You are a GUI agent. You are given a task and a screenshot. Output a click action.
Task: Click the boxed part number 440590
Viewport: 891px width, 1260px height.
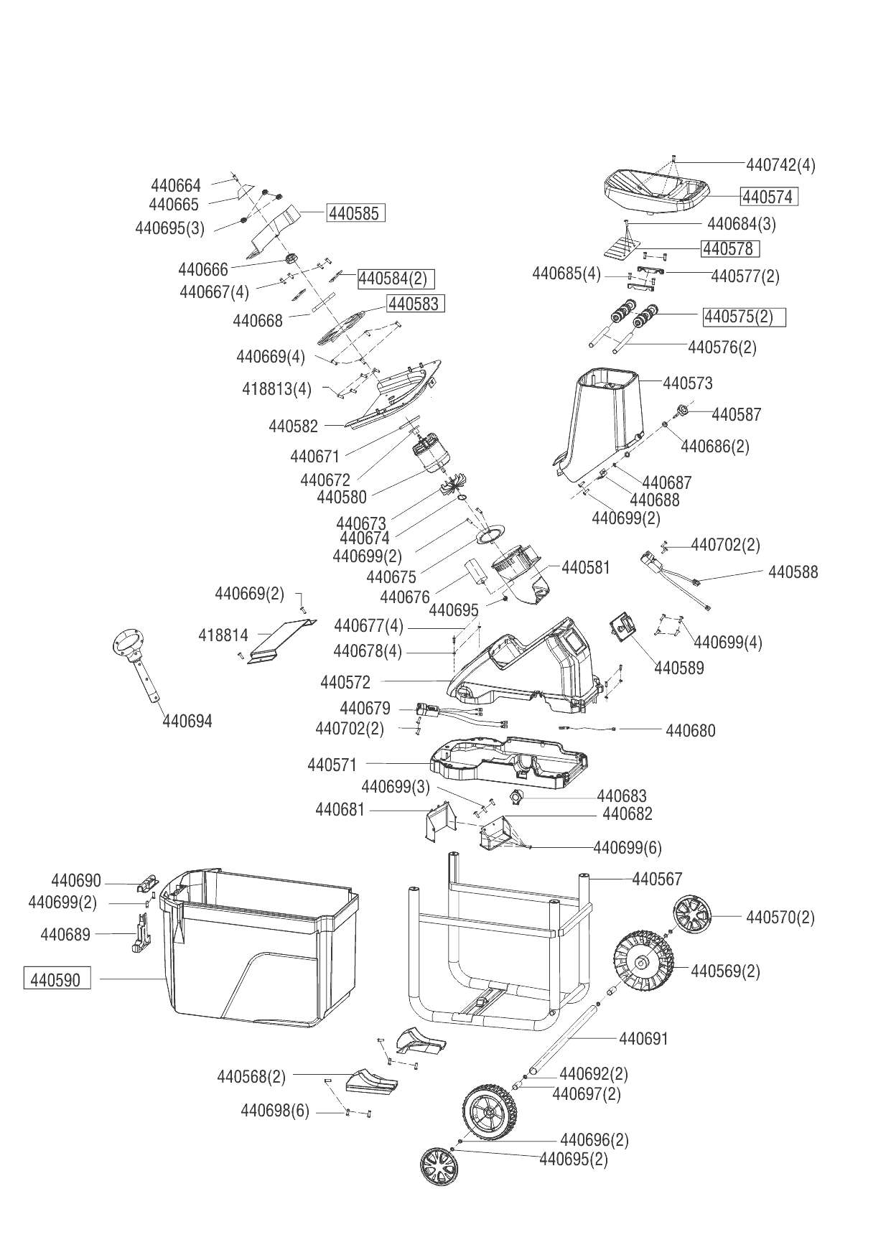coord(57,979)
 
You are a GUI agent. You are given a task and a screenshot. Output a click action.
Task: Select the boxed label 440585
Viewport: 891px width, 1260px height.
coord(356,213)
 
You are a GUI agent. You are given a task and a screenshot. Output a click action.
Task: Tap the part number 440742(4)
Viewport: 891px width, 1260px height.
coord(781,164)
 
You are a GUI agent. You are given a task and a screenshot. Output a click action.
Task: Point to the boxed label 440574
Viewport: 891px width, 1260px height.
coord(769,196)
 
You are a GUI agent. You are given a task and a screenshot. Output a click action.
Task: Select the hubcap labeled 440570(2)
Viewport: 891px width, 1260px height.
coord(692,915)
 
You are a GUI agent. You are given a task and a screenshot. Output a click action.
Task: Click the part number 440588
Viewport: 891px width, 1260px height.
coord(793,572)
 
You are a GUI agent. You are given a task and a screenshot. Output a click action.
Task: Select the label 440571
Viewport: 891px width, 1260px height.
coord(332,765)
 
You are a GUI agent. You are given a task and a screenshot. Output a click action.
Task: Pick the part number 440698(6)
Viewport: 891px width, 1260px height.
coord(274,1111)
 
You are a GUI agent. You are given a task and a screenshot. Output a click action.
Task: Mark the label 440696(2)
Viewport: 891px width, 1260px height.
coord(594,1139)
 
